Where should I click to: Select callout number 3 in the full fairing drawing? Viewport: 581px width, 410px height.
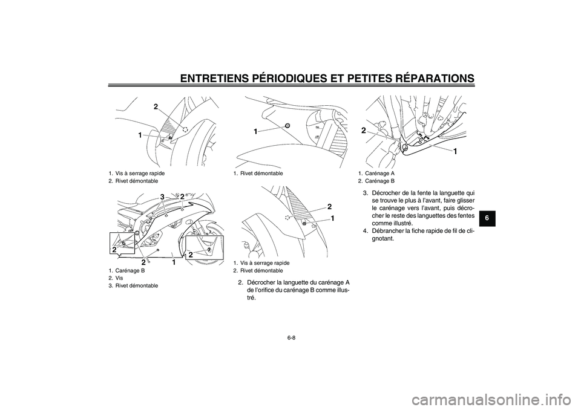pos(162,197)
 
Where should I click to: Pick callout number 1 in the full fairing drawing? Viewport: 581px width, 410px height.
pos(172,262)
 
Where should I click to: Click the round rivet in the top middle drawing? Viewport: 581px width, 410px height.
pos(287,125)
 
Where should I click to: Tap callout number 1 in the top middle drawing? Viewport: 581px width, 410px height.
pos(256,131)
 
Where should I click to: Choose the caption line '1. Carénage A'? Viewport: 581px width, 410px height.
pos(376,173)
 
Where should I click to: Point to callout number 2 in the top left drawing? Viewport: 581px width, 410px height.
pos(156,106)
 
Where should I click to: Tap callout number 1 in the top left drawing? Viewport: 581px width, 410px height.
pos(140,135)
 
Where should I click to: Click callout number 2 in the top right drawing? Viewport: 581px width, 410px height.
pos(364,130)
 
